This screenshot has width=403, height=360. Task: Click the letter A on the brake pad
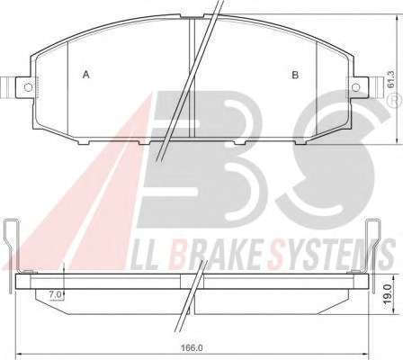click(86, 75)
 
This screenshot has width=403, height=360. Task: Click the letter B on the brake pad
click(295, 75)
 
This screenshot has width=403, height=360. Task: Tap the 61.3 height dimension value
click(390, 79)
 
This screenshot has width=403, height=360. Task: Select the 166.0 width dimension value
click(192, 348)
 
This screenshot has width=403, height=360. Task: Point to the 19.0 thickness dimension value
click(389, 293)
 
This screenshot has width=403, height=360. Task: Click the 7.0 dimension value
click(55, 294)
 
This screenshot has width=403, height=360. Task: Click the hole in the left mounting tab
click(28, 87)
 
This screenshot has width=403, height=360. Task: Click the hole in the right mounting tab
click(356, 87)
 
